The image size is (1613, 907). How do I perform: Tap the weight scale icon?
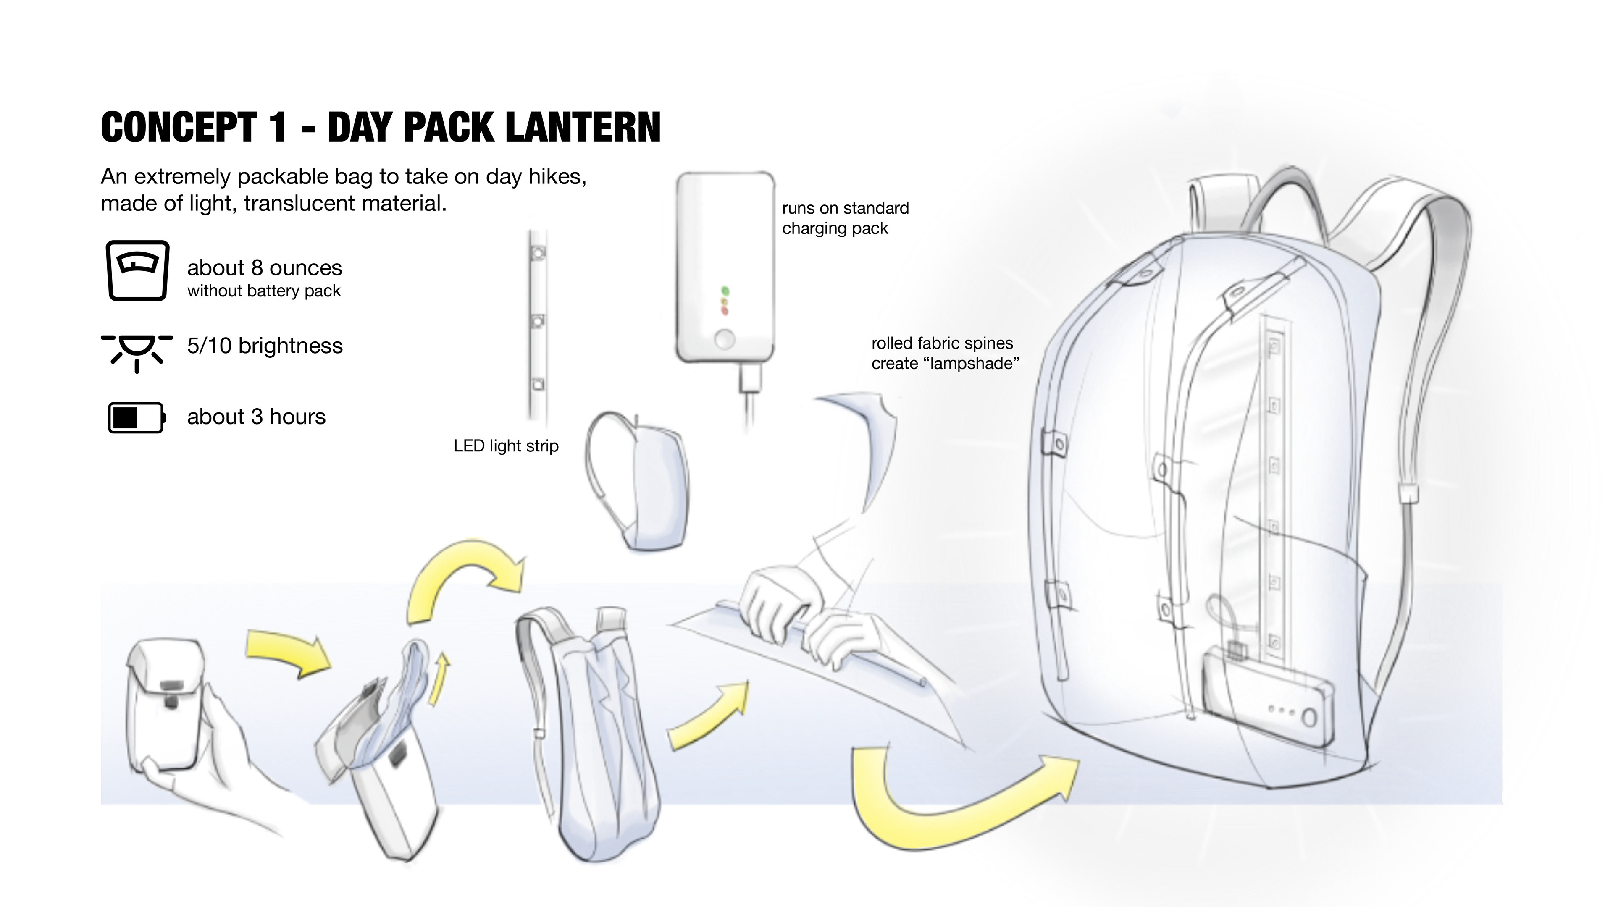(x=137, y=270)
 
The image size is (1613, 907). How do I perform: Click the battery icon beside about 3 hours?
(x=137, y=417)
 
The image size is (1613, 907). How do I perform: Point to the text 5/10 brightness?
(x=265, y=346)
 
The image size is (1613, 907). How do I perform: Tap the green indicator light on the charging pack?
(x=725, y=291)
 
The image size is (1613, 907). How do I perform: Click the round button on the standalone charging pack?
(x=725, y=340)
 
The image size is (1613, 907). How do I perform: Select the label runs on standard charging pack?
(x=845, y=218)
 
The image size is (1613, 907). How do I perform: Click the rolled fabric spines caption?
(x=945, y=353)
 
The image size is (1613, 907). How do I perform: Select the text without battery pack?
(x=264, y=291)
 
